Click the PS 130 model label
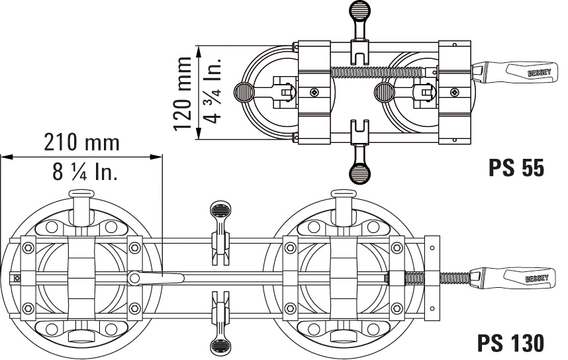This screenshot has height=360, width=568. pyautogui.click(x=511, y=342)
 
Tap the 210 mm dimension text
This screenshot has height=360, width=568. pyautogui.click(x=82, y=142)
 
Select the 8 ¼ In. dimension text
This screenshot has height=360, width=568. pyautogui.click(x=85, y=173)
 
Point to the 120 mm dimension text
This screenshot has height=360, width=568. pyautogui.click(x=181, y=93)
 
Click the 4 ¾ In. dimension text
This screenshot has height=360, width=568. pyautogui.click(x=213, y=93)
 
